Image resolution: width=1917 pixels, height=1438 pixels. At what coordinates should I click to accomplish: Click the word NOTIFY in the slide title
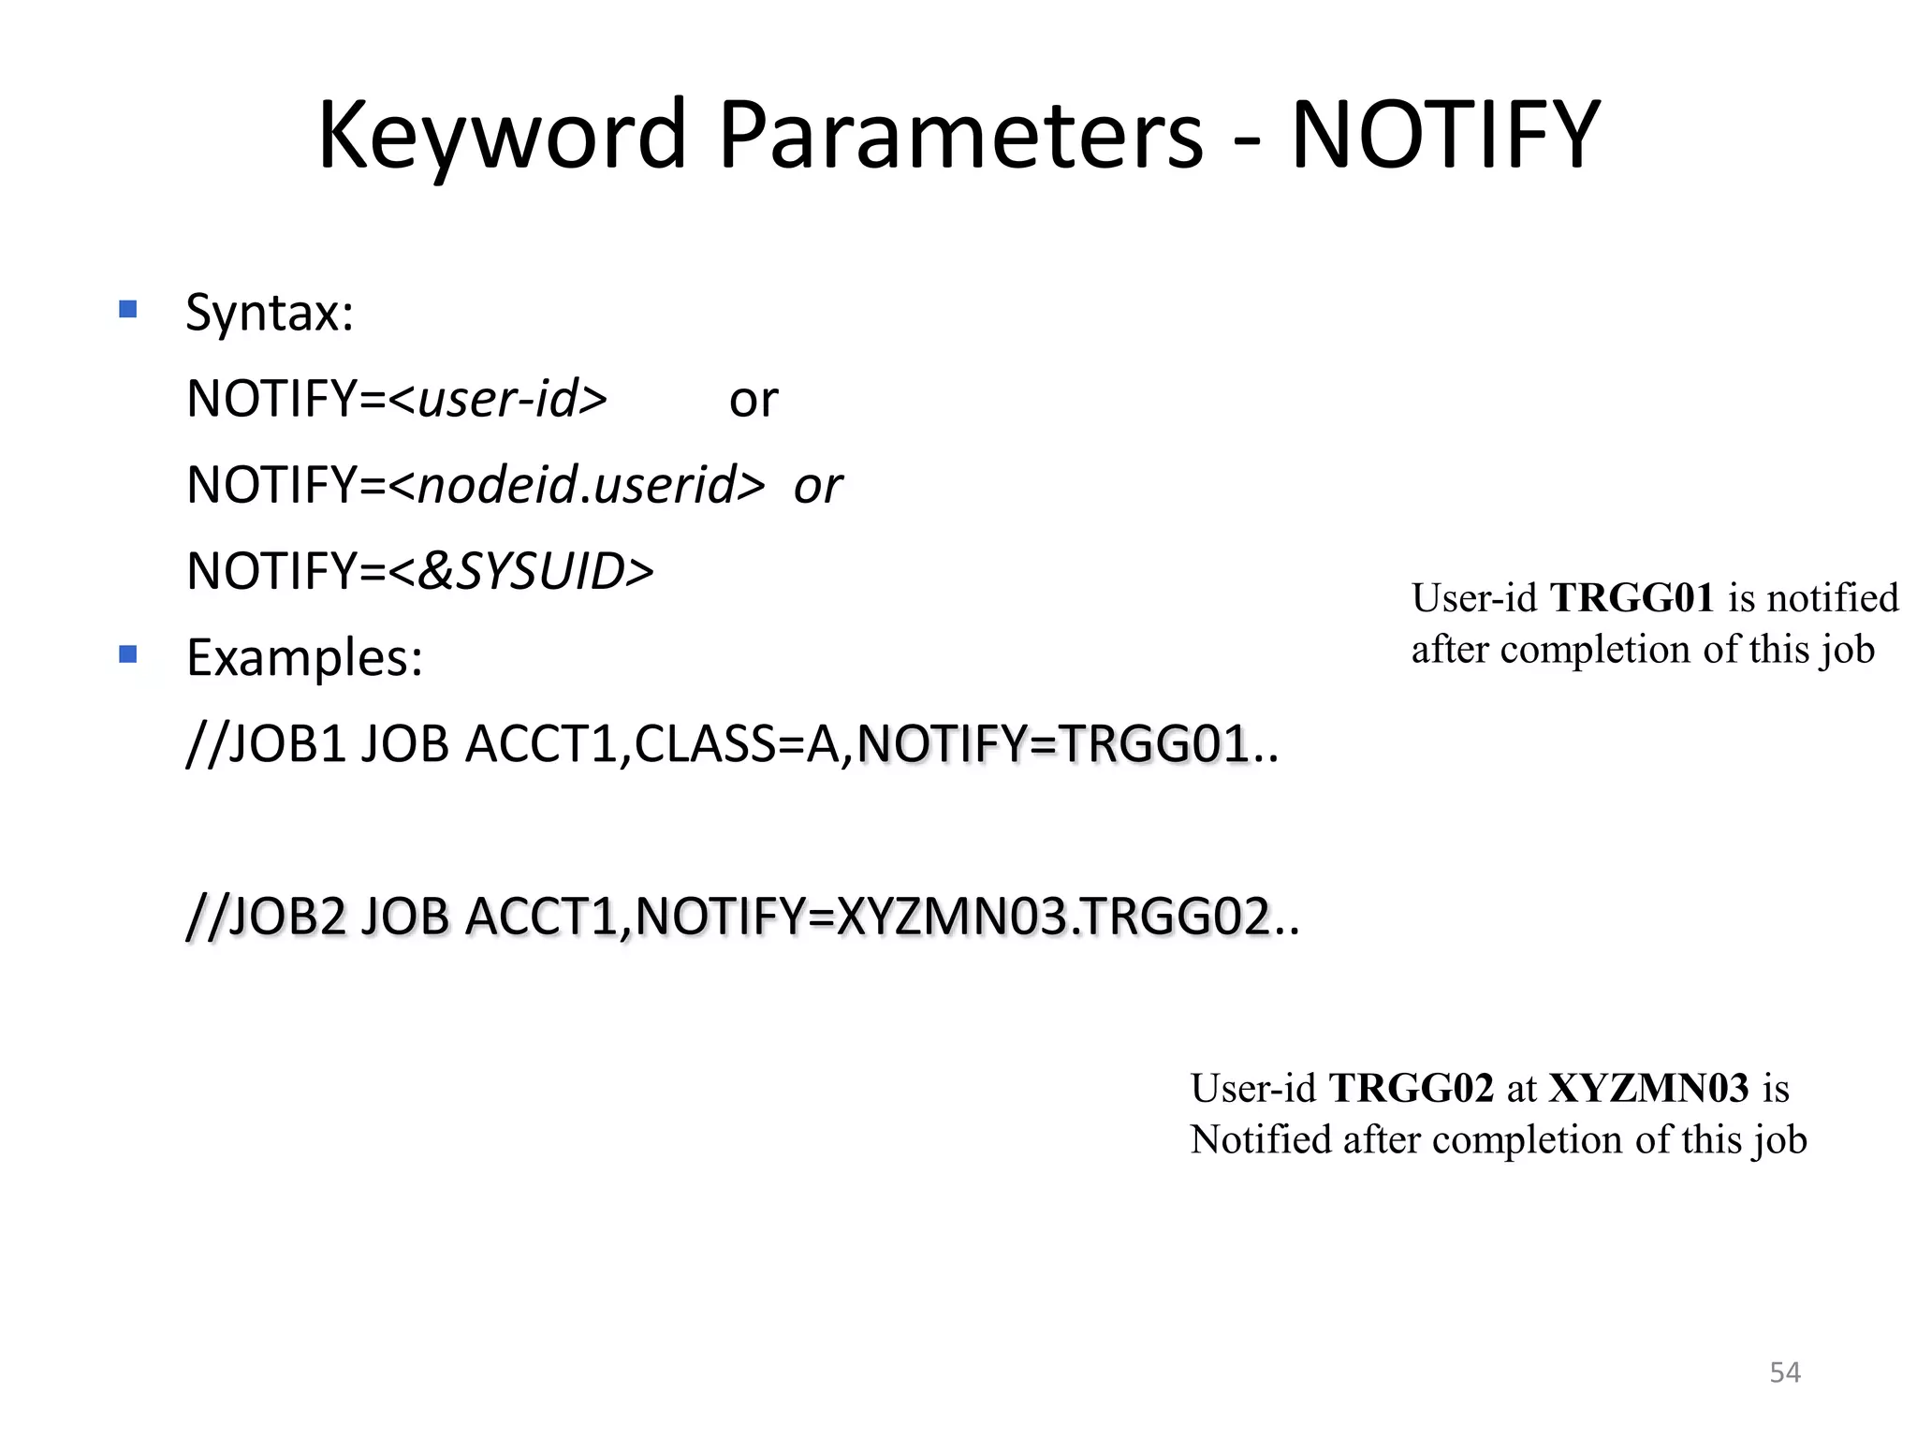pyautogui.click(x=1445, y=136)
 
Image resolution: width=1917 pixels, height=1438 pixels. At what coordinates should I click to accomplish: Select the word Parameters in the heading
pyautogui.click(x=960, y=136)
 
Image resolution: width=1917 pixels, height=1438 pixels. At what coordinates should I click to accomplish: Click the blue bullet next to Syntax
pyautogui.click(x=128, y=309)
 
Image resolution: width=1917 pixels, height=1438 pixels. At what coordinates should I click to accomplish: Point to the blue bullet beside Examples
pyautogui.click(x=128, y=654)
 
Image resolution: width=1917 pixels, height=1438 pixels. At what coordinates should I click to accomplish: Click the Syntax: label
pyautogui.click(x=270, y=313)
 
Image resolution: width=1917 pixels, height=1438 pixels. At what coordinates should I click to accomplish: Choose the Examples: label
pyautogui.click(x=304, y=657)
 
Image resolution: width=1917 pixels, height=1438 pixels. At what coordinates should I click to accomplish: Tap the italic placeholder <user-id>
pyautogui.click(x=498, y=399)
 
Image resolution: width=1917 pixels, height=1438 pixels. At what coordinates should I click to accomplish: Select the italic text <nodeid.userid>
pyautogui.click(x=577, y=485)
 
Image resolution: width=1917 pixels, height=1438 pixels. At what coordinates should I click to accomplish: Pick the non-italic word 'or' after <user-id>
pyautogui.click(x=754, y=401)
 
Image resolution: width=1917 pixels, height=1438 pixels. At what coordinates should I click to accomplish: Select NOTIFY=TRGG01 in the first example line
pyautogui.click(x=1054, y=745)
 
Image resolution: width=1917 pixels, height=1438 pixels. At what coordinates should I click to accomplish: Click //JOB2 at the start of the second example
pyautogui.click(x=267, y=916)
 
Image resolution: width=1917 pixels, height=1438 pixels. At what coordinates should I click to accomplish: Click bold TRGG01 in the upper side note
pyautogui.click(x=1632, y=597)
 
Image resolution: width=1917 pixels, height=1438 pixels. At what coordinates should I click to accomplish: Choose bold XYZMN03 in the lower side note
pyautogui.click(x=1648, y=1088)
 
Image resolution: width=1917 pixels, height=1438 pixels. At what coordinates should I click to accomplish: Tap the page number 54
pyautogui.click(x=1785, y=1372)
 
